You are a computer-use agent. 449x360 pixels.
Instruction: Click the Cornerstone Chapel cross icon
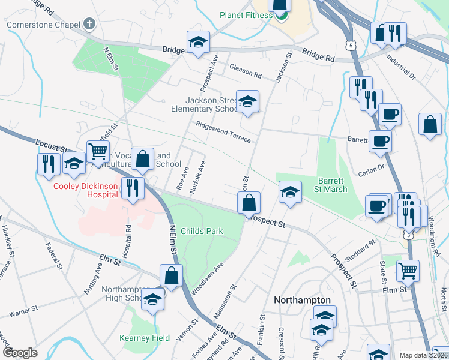tap(89, 24)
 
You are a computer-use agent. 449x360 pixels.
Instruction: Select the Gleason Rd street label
tap(246, 74)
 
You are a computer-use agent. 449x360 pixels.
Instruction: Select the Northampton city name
tap(302, 299)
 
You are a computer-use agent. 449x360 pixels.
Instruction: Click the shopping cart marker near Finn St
tap(408, 271)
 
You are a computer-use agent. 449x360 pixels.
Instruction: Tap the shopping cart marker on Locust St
tap(98, 151)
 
